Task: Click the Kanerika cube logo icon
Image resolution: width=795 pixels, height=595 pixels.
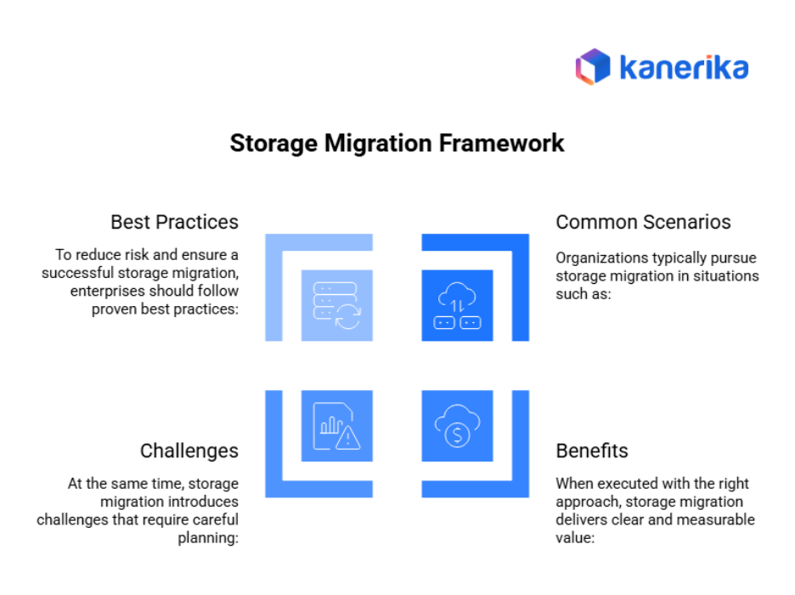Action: coord(593,65)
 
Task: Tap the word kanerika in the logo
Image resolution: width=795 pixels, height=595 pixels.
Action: coord(683,66)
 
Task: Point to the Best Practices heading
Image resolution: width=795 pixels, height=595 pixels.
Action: coord(174,222)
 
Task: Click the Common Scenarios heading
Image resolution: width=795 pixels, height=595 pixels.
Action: coord(643,222)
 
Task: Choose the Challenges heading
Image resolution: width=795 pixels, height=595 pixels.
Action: coord(189,450)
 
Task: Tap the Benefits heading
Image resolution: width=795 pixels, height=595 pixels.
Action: coord(592,450)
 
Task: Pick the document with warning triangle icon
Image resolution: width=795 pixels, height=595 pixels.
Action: coord(337,426)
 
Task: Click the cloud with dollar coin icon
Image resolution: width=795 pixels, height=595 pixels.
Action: coord(458,426)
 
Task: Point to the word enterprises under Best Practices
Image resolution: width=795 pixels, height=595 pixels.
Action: coord(105,292)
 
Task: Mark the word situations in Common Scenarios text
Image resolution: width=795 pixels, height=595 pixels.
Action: coord(726,275)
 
